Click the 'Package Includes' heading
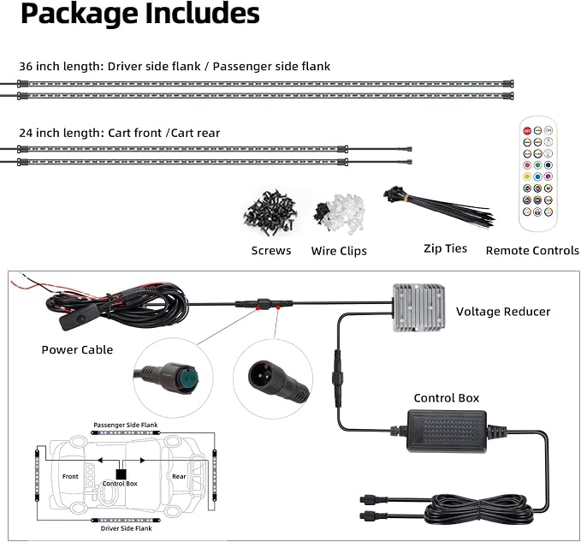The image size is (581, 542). click(140, 14)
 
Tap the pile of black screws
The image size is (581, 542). click(270, 213)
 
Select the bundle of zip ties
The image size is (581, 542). click(439, 208)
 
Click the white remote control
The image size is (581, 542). click(537, 174)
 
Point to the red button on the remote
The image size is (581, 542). click(527, 130)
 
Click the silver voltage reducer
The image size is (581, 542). click(418, 307)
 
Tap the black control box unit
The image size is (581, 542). click(447, 431)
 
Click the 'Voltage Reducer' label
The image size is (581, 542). click(503, 312)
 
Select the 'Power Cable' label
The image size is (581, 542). click(77, 349)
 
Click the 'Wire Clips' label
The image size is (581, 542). click(339, 251)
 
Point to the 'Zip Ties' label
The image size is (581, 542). click(446, 248)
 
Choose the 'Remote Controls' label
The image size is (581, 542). click(532, 251)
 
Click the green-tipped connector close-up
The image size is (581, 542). click(173, 378)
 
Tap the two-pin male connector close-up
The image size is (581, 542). click(273, 378)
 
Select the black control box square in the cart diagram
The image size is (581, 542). click(121, 474)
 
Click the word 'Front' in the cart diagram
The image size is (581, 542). click(70, 476)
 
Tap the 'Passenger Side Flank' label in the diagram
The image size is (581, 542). click(126, 425)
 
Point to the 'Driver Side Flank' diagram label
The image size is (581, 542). click(127, 528)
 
